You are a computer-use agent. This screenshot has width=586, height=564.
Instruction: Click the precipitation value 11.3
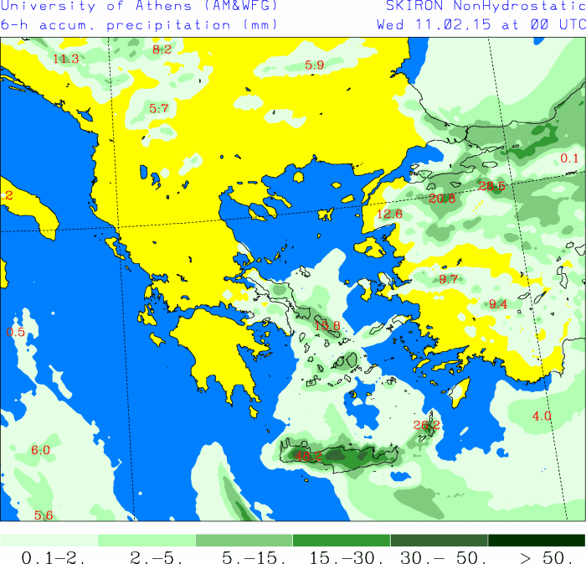coord(65,59)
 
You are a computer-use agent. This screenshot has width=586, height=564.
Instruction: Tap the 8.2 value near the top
coord(162,49)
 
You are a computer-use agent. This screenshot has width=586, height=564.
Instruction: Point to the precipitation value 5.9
coord(314,65)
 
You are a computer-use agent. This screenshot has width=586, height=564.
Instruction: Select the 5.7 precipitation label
coord(159,108)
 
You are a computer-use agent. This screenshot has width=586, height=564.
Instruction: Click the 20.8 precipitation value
coord(442,199)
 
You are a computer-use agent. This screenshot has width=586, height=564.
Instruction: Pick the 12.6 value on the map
coord(389,214)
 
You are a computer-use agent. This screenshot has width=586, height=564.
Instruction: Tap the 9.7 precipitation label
coord(449,279)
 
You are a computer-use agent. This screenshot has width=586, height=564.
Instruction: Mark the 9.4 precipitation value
coord(498,303)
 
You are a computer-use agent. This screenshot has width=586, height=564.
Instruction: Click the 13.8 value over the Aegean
coord(327,325)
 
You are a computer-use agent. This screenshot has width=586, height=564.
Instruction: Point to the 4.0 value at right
coord(542,416)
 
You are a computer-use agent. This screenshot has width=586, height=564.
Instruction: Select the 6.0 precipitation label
coord(41,450)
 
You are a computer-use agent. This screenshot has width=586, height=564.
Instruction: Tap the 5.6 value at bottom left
coord(44,515)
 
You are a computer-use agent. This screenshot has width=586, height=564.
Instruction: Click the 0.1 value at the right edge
coord(569,158)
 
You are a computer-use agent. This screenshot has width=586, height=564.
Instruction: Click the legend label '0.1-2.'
coord(49,556)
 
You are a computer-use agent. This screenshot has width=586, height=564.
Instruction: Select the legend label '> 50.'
coord(537,556)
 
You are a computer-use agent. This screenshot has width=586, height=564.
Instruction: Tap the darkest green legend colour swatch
coord(537,541)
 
